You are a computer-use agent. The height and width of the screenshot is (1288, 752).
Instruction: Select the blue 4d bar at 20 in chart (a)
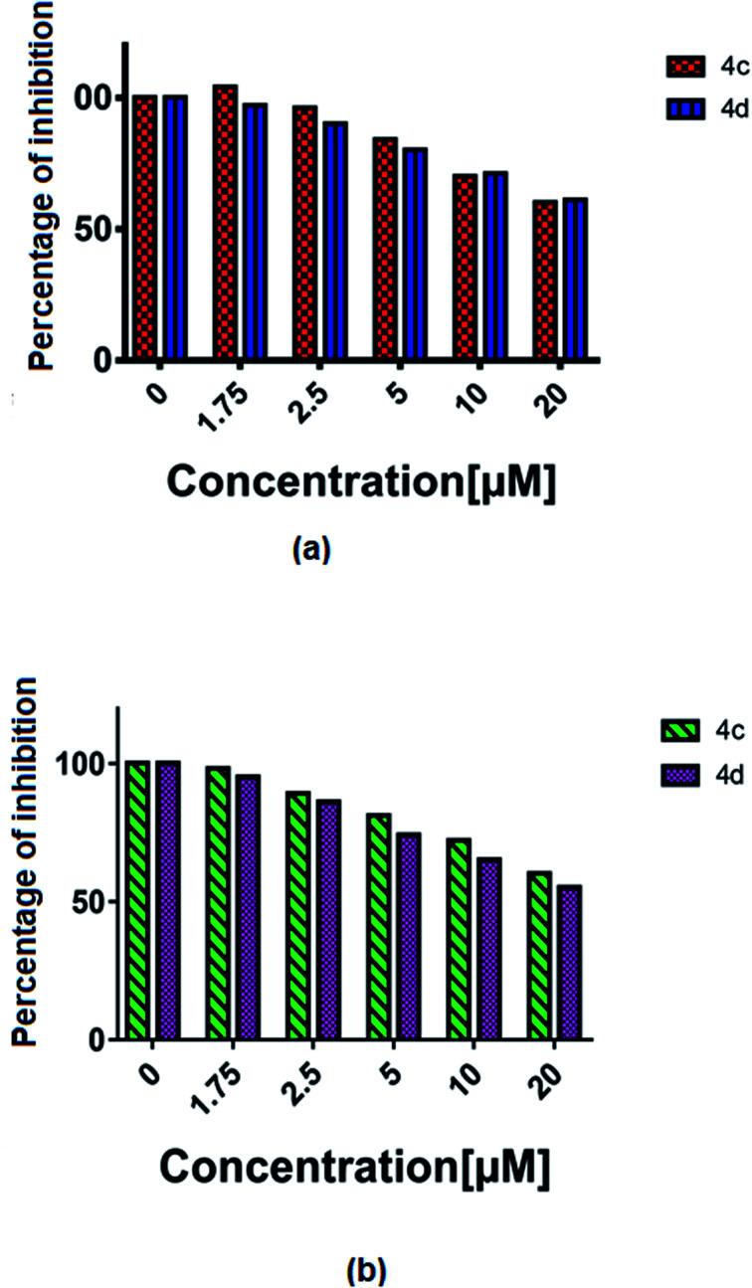pos(574,278)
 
